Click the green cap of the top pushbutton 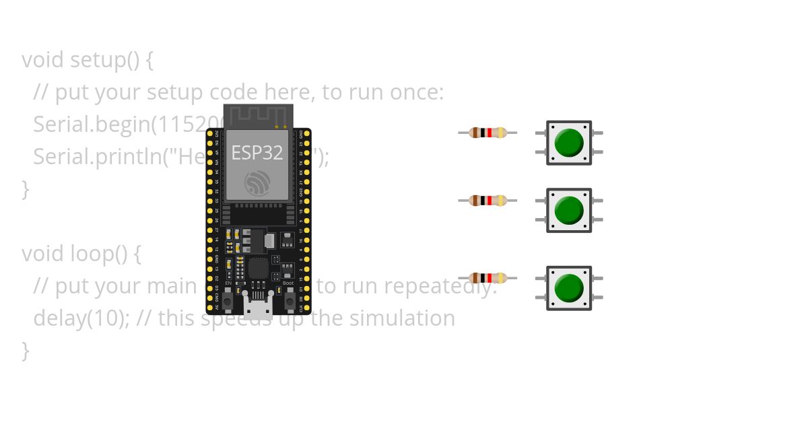[x=569, y=143]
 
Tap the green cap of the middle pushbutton [x=569, y=210]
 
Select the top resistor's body [x=487, y=133]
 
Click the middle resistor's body [x=487, y=201]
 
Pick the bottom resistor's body [x=487, y=278]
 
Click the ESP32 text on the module [x=257, y=153]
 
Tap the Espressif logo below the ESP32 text [x=257, y=182]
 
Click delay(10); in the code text [x=82, y=318]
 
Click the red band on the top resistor [x=490, y=133]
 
